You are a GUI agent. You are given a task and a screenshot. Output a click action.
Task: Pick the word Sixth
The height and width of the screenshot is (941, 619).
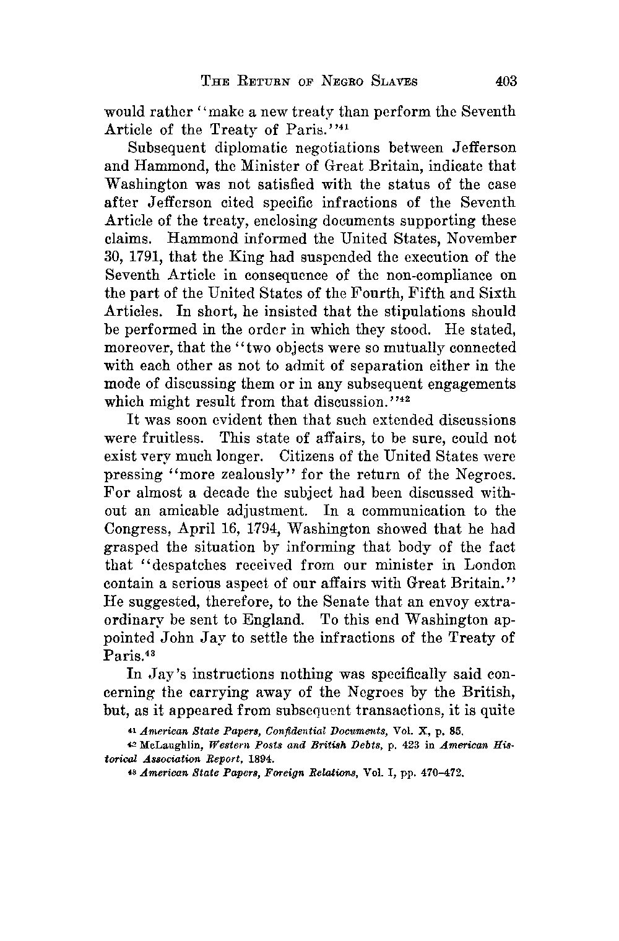point(493,293)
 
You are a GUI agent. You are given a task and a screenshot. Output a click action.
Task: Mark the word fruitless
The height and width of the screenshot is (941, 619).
point(153,439)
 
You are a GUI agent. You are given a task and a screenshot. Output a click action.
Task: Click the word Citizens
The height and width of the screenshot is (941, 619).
point(314,457)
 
